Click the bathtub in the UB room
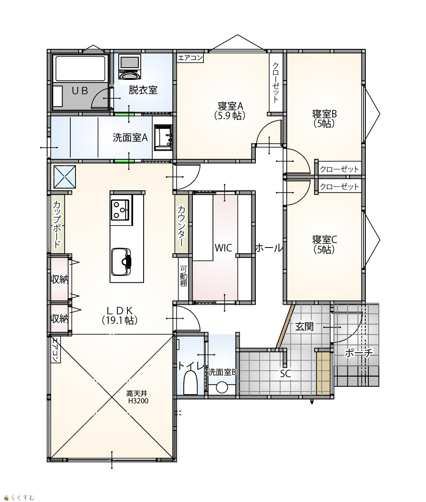tap(80, 69)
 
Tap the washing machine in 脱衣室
tap(130, 66)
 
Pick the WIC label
tap(223, 248)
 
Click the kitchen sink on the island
tap(122, 261)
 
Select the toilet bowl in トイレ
tap(190, 382)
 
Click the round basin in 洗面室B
tap(222, 387)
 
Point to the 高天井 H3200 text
tap(137, 397)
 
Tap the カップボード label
tap(57, 225)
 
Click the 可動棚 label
tap(183, 276)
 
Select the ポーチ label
tap(359, 353)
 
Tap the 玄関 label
tap(304, 327)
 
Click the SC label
tap(285, 373)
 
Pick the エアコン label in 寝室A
tap(190, 58)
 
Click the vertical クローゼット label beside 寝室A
tap(275, 82)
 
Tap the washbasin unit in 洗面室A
tap(163, 138)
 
